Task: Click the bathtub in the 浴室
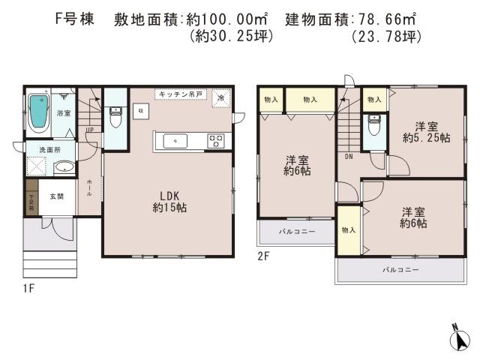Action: click(38, 112)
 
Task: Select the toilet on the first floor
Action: click(115, 118)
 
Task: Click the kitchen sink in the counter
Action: click(174, 140)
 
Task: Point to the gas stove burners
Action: click(216, 139)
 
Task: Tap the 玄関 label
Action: click(57, 196)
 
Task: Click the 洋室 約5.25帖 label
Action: click(425, 131)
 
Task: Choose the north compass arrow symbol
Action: click(459, 337)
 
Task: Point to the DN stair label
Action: click(349, 157)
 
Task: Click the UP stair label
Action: click(90, 130)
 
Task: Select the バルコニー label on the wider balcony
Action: click(400, 268)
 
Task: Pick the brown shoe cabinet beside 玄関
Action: click(31, 197)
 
